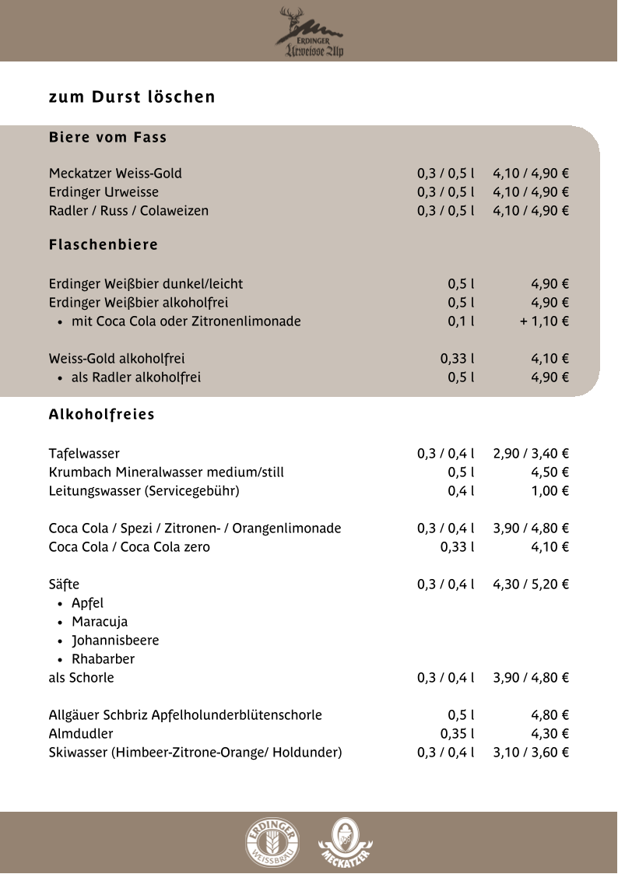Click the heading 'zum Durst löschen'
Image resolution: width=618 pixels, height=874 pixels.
(132, 97)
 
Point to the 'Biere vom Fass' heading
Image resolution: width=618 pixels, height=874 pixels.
(107, 138)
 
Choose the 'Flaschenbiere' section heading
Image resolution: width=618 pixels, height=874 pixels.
(104, 245)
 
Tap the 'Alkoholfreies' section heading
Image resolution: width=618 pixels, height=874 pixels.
(101, 415)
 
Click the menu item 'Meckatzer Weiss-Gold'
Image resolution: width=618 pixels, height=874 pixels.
(115, 174)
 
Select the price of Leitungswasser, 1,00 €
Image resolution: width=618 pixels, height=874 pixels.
(550, 491)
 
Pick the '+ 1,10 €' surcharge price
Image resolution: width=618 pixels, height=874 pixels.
(545, 321)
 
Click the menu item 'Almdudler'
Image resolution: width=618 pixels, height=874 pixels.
(81, 734)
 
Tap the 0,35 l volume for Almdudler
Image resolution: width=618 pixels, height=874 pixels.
(458, 734)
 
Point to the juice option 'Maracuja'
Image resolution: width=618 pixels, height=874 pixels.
(100, 622)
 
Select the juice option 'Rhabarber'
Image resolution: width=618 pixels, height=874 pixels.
(103, 659)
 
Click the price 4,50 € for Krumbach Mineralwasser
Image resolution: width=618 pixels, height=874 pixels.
(550, 472)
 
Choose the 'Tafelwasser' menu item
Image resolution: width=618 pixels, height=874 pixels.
(84, 454)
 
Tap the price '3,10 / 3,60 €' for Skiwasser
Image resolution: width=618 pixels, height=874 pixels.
(531, 753)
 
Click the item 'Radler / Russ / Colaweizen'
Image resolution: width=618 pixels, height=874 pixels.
(128, 211)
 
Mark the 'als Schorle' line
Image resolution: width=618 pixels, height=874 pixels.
(81, 678)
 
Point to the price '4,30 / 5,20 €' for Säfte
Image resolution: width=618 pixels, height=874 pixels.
(531, 584)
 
